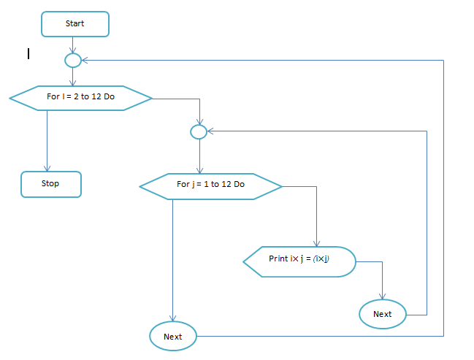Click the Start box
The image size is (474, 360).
point(75,24)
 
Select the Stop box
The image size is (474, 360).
point(50,184)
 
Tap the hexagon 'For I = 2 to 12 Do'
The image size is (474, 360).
point(80,97)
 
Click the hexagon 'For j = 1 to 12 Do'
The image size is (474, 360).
point(210,185)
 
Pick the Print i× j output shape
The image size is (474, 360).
point(299,260)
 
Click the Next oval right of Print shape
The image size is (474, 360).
point(383,314)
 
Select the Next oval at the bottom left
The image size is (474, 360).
point(173,337)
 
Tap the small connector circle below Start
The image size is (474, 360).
point(73,60)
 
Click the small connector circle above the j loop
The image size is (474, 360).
point(199,131)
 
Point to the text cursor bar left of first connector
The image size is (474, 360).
point(28,53)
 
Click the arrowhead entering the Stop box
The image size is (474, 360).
point(47,169)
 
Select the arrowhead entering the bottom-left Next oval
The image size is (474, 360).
point(173,320)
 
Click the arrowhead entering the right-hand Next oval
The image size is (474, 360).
point(383,297)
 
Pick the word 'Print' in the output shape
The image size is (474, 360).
point(278,259)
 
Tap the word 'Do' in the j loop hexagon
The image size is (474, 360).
point(239,185)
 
